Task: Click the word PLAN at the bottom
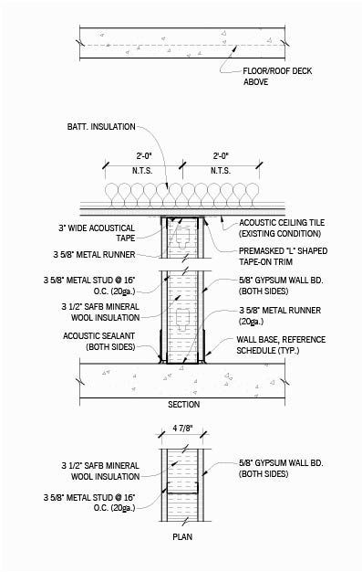182,536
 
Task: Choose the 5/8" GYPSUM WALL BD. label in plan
274,471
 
